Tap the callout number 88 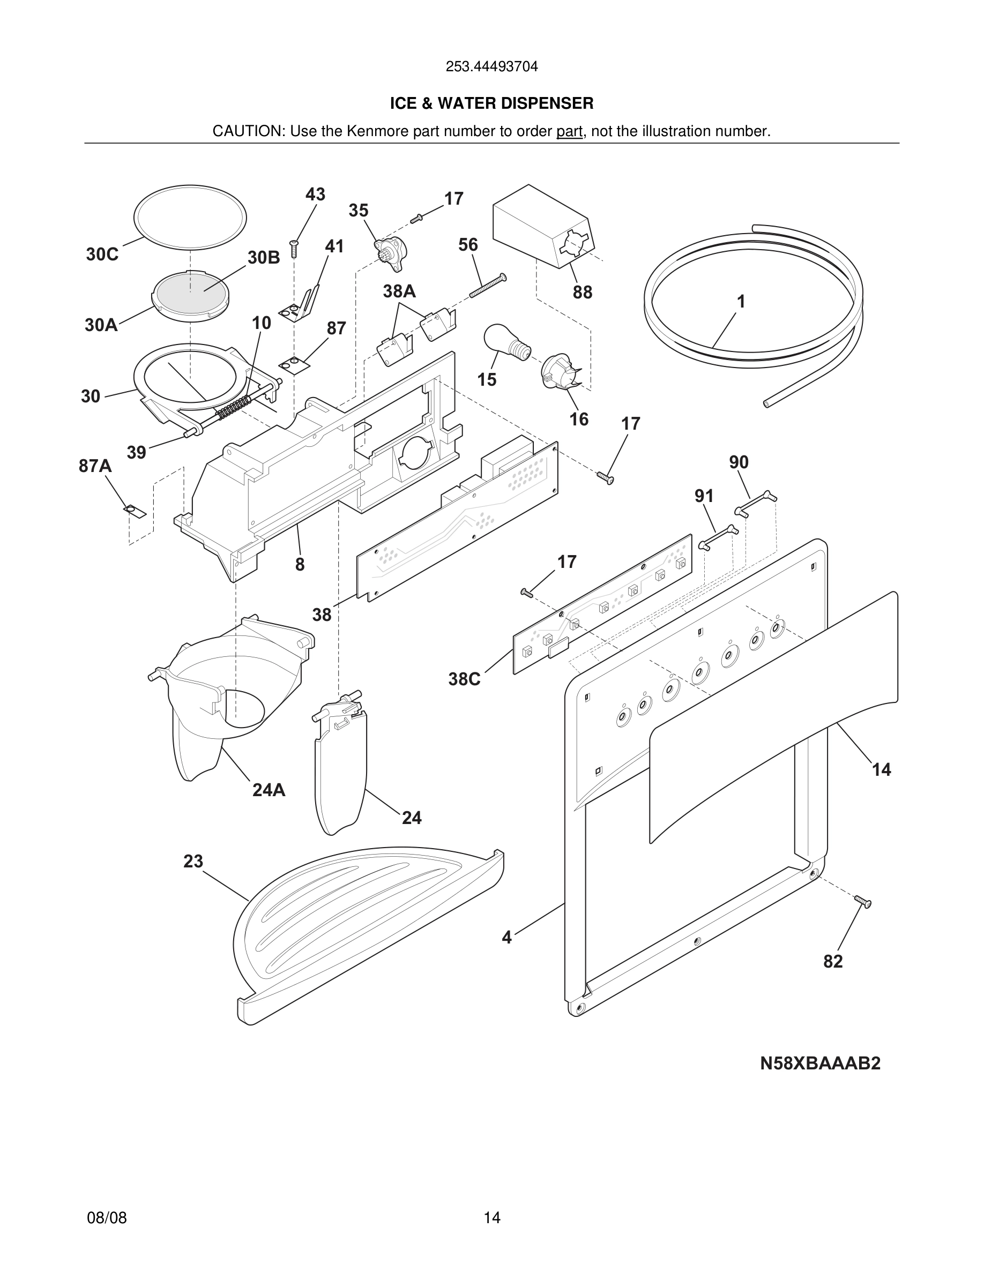582,292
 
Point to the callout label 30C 102,254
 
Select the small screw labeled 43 294,249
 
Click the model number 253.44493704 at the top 491,66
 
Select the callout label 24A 269,790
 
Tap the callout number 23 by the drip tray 193,862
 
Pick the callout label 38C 464,679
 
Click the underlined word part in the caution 569,131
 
